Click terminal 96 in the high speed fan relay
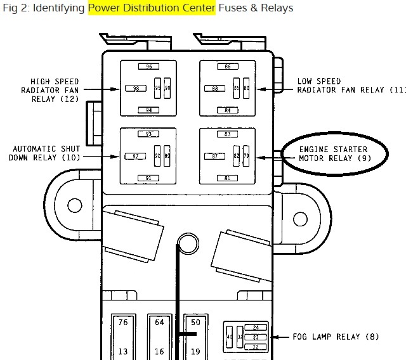(149, 67)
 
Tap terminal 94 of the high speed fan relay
(149, 110)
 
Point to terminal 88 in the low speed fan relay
(215, 88)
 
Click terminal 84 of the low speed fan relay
(228, 110)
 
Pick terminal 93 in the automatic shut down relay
(149, 134)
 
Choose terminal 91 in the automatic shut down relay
(149, 177)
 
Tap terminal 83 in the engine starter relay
(228, 134)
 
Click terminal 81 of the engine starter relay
(228, 177)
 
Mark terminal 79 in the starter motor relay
(246, 156)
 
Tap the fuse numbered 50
(195, 323)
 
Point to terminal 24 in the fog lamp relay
(256, 328)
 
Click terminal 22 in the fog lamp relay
(256, 347)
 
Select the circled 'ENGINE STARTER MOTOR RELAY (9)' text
(334, 154)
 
